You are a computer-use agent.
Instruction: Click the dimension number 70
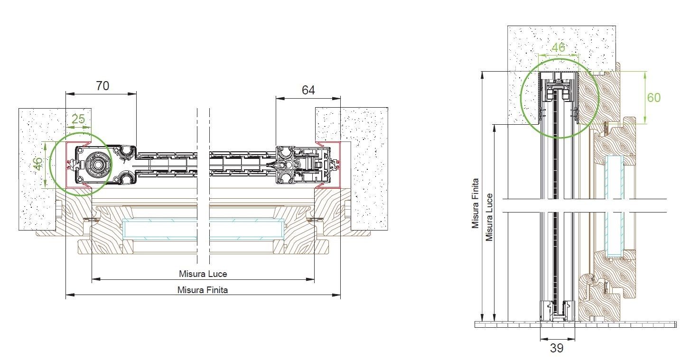tap(103, 86)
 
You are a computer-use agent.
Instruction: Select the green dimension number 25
tap(78, 119)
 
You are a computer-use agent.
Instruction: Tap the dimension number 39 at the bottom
tap(557, 348)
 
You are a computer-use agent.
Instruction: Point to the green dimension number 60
tap(654, 97)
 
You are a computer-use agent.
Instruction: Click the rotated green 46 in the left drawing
tap(38, 163)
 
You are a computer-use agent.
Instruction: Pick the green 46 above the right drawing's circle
tap(558, 47)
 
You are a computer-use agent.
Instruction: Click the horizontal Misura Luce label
tap(203, 274)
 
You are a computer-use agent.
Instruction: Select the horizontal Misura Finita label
tap(203, 290)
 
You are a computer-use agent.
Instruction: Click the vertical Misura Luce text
tap(489, 217)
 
